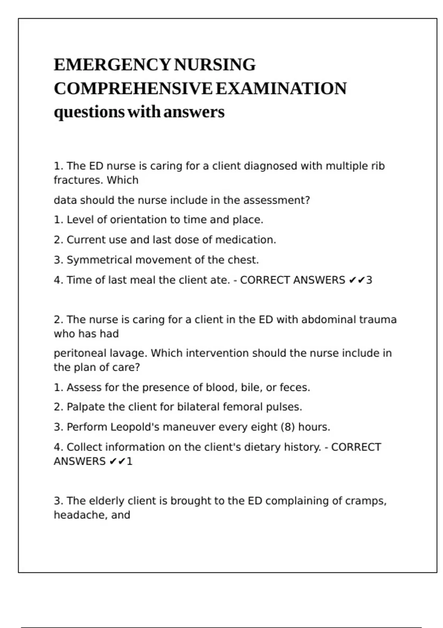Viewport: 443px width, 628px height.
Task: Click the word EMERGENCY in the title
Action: [x=112, y=65]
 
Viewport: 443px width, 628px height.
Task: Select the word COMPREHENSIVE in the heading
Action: [x=133, y=89]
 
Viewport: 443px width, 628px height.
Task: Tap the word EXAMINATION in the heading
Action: [x=281, y=89]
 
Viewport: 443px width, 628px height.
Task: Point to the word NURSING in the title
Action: [x=214, y=65]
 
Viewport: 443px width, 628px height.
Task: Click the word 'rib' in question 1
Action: [x=378, y=166]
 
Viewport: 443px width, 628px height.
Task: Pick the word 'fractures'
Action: [x=78, y=180]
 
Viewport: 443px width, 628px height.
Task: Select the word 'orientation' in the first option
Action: [x=138, y=220]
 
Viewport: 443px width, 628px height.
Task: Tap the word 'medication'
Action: [x=245, y=240]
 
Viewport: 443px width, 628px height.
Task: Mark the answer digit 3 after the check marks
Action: [x=369, y=280]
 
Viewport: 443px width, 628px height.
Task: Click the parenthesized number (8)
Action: [x=288, y=427]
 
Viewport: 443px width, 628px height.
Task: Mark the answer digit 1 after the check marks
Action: [x=129, y=461]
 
